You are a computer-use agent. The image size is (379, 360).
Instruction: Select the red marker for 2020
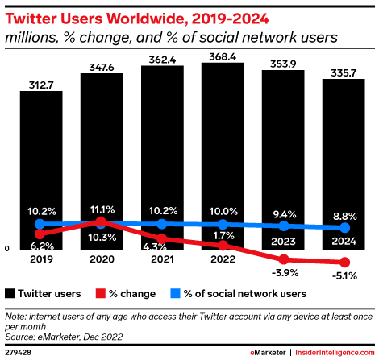pyautogui.click(x=102, y=221)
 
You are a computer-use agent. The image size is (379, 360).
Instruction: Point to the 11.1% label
pyautogui.click(x=102, y=208)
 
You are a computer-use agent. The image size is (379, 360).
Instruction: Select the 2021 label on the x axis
pyautogui.click(x=162, y=260)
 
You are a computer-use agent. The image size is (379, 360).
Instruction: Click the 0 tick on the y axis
pyautogui.click(x=7, y=250)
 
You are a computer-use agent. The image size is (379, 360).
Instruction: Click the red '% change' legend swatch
pyautogui.click(x=100, y=292)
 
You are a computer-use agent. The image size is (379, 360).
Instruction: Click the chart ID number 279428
pyautogui.click(x=18, y=353)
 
